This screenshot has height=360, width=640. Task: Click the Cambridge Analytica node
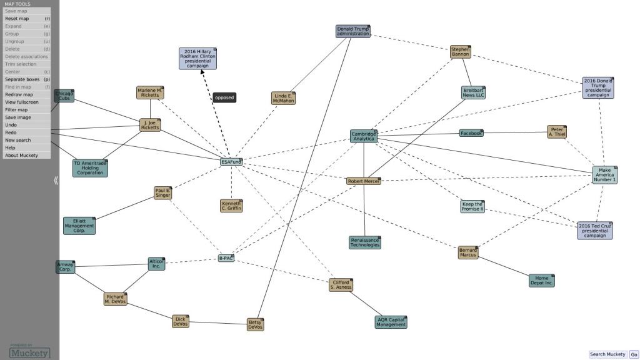coord(363,136)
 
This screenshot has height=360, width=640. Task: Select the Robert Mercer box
coord(363,181)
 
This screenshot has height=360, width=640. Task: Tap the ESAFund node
coord(231,162)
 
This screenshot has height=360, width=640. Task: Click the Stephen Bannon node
coord(461,51)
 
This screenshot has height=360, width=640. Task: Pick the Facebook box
coord(471,133)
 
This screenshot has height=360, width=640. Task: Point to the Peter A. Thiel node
coord(556,131)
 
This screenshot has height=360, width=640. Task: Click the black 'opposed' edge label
coord(224,97)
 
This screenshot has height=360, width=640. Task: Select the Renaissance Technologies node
coord(364,242)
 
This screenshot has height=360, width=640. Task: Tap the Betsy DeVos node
coord(255,324)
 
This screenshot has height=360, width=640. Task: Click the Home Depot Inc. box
coord(541,281)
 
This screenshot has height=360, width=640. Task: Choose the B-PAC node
coord(226,257)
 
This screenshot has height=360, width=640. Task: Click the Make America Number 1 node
coord(604,175)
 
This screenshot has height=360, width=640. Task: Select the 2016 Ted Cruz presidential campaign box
coord(594,230)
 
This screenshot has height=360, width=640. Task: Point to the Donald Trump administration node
coord(353,31)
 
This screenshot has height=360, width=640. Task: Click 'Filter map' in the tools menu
coord(17,110)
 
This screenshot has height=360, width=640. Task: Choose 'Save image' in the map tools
coord(18,117)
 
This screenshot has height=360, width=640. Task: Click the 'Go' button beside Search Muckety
coord(634,354)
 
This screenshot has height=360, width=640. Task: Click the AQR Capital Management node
coord(391,322)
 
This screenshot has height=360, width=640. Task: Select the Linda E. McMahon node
coord(283,98)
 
